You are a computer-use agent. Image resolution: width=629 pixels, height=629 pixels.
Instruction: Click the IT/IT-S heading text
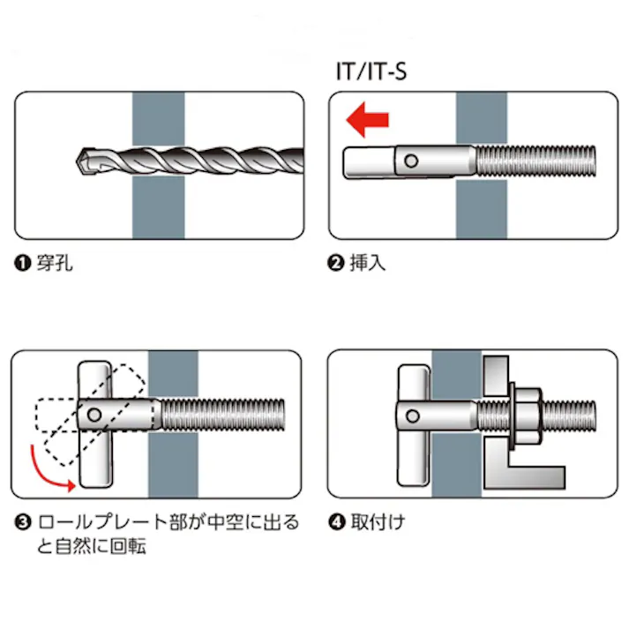pos(371,70)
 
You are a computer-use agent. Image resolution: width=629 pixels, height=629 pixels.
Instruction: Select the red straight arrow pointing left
pos(367,121)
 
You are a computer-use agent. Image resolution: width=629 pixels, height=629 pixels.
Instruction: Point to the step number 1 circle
pos(21,264)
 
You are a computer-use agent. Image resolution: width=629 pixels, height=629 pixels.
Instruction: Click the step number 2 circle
pos(335,264)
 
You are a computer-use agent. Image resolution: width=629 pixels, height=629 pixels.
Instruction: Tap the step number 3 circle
pos(21,522)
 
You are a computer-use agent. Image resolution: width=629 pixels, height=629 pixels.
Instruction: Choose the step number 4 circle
pos(335,522)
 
